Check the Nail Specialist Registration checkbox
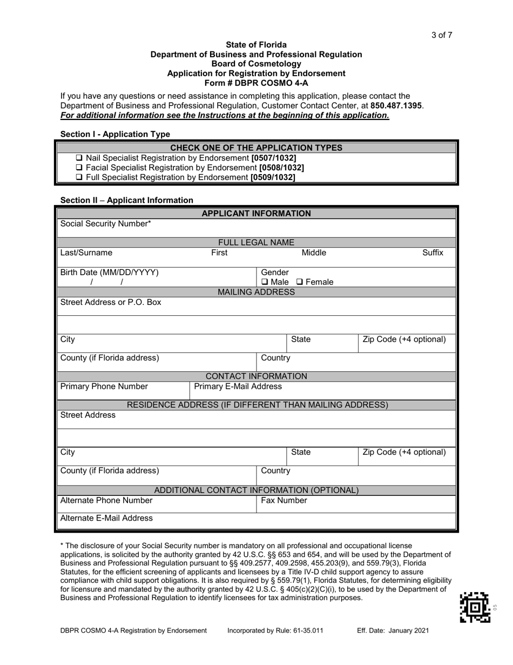(79, 158)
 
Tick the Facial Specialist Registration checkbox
(79, 168)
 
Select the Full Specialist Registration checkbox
(79, 177)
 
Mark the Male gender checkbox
(265, 282)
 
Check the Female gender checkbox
(299, 282)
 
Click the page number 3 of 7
(441, 36)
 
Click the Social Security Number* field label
(106, 224)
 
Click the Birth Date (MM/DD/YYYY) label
(110, 272)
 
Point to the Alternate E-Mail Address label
(106, 518)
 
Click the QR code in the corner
(475, 607)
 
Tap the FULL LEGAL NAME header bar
(256, 243)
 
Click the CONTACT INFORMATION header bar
(256, 376)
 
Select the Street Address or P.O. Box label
(111, 302)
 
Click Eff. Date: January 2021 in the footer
(394, 630)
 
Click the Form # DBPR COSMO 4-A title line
(256, 83)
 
